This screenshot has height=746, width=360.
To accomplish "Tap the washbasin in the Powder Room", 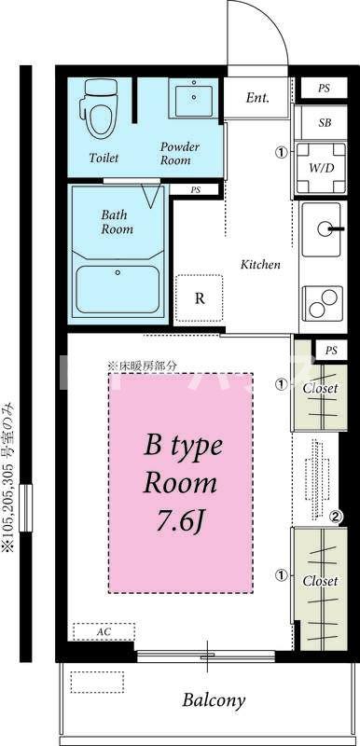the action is point(194,98).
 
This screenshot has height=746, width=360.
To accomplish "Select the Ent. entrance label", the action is point(257,98).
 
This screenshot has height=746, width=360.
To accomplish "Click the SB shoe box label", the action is point(325,123).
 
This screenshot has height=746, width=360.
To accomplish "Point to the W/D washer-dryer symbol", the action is point(321,169).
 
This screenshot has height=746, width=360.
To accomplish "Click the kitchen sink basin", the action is point(323,227).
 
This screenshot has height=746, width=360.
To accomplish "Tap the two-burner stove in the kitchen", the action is point(323,303).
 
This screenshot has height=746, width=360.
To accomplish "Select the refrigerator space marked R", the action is point(200,298).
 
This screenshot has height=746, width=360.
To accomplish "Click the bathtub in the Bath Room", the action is point(118,289).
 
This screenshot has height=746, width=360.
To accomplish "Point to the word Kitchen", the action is point(260,265).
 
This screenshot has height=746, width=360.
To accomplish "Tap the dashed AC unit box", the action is point(104,632).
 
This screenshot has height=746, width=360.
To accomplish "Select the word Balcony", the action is point(214,700).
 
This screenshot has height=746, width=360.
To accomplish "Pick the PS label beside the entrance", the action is point(324,89).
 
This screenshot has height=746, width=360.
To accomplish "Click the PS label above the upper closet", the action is point(331,351).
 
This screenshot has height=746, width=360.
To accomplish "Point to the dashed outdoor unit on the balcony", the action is point(97,683).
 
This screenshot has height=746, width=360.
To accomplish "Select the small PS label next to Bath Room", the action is point(196,189).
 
